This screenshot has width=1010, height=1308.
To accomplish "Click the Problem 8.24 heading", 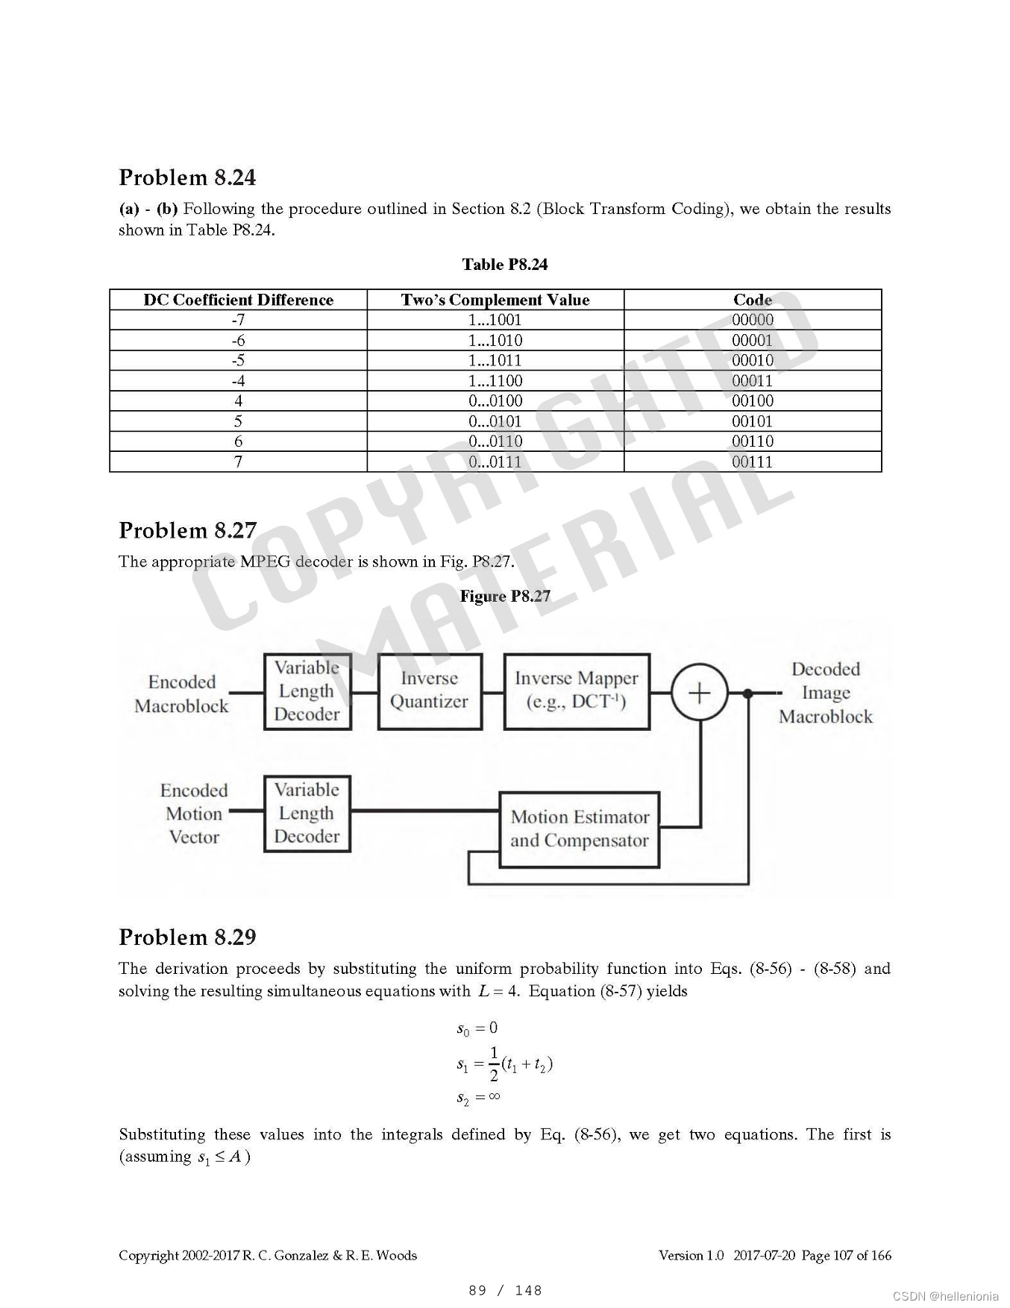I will click(187, 177).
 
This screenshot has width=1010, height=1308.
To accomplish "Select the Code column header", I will click(752, 300).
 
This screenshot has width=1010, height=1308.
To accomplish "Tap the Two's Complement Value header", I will click(495, 300).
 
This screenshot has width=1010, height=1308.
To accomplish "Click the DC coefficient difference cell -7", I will click(238, 320).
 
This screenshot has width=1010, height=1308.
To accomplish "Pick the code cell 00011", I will click(752, 381).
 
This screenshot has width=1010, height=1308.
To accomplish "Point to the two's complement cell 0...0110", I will click(495, 441).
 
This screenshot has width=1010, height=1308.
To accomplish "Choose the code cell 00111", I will click(752, 462).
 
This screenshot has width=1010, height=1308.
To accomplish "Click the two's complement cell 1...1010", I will click(495, 341).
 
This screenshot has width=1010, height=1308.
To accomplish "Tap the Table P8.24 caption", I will click(504, 265).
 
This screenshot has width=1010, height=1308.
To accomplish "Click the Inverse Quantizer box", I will click(430, 691).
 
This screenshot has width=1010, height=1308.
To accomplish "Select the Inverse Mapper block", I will click(577, 691).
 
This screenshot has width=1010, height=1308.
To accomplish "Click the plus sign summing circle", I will click(699, 694).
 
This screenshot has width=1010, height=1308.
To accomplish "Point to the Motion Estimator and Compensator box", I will click(579, 829).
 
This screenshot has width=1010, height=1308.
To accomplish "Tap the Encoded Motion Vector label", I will click(193, 814).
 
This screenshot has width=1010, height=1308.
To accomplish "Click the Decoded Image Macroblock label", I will click(825, 693).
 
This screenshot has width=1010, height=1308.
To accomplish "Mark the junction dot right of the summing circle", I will click(747, 694).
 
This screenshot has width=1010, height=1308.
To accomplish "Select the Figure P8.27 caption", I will click(504, 597).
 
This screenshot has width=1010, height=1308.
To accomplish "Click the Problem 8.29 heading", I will click(187, 937).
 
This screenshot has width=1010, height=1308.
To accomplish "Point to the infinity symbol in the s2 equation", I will click(493, 1096).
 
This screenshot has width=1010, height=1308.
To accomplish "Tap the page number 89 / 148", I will click(505, 1290).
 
